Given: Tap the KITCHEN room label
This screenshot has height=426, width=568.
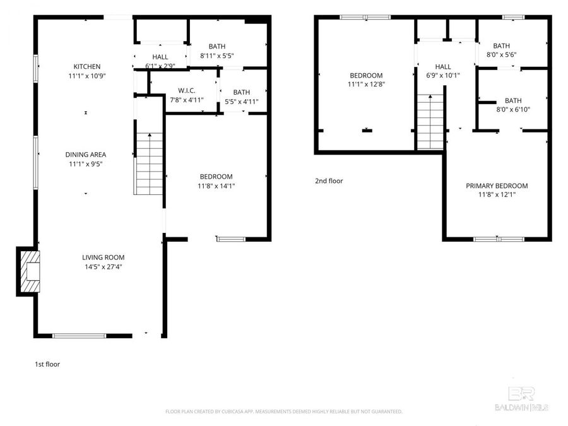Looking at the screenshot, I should tap(87, 66).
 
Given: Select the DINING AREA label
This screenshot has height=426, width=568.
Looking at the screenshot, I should tap(86, 155).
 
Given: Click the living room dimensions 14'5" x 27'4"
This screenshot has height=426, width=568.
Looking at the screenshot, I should tap(103, 267).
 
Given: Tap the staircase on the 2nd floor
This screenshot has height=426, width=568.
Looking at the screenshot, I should tap(431, 121).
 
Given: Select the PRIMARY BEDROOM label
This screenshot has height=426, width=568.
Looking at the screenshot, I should tap(497, 186).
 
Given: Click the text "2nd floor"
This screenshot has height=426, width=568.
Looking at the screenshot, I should tap(329, 181).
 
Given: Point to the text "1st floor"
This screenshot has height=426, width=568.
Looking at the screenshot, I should tap(47, 364).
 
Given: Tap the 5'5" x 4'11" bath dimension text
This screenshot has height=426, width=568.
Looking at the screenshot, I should tap(241, 102).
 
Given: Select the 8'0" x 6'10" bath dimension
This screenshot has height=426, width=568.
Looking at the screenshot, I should tap(512, 109).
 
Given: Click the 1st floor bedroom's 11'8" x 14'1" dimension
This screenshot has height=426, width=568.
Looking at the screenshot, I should tap(216, 186).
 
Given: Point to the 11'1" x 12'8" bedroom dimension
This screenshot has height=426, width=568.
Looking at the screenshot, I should tap(365, 84).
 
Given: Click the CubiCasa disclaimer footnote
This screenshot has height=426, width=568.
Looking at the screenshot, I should tap(283, 411).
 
